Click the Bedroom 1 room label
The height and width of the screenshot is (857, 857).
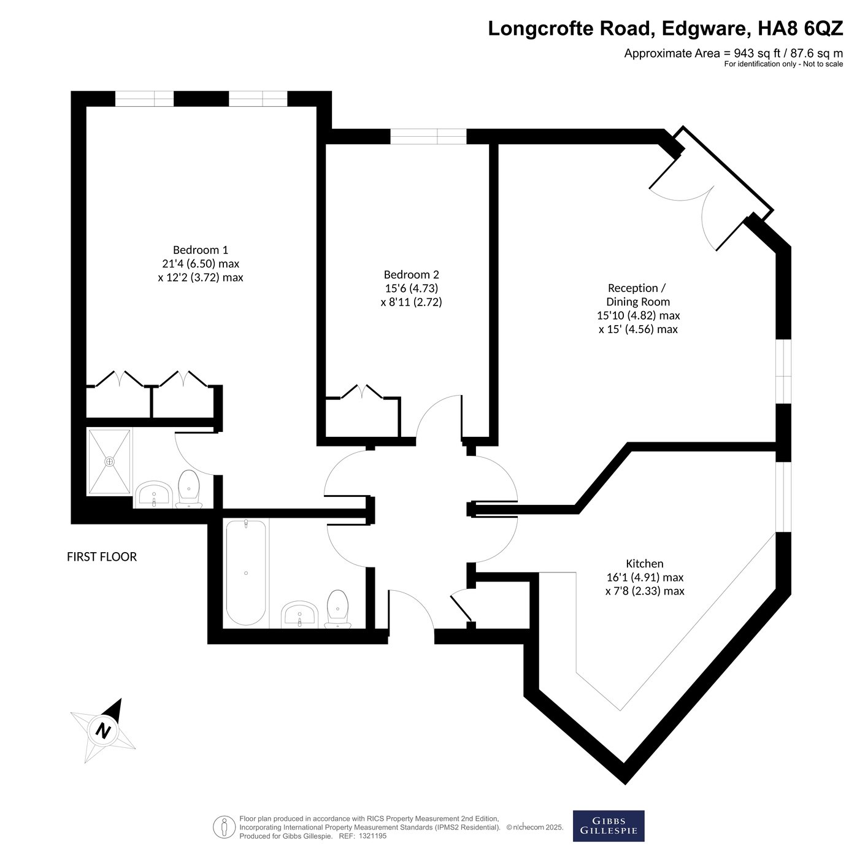(x=200, y=250)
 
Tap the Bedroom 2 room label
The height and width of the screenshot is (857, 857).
(x=412, y=274)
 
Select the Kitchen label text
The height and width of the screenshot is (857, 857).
(x=644, y=564)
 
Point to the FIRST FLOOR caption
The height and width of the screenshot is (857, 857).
(x=102, y=557)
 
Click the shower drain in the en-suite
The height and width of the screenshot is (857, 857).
(x=109, y=462)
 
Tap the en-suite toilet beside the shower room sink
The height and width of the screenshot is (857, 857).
(x=189, y=489)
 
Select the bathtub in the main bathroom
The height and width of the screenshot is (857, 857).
(x=246, y=573)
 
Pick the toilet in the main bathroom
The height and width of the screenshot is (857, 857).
(x=337, y=609)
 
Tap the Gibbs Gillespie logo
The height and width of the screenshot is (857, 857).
(x=609, y=826)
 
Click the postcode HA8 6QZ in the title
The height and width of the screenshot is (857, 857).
(x=800, y=28)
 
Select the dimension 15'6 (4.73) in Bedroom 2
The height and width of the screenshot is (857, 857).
(x=412, y=288)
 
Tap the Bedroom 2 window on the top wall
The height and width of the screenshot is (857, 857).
(x=428, y=137)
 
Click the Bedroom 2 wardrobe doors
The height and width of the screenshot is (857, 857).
(x=361, y=391)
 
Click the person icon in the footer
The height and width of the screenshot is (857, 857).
(x=225, y=827)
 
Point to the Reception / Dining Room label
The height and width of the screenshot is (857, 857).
(x=637, y=295)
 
